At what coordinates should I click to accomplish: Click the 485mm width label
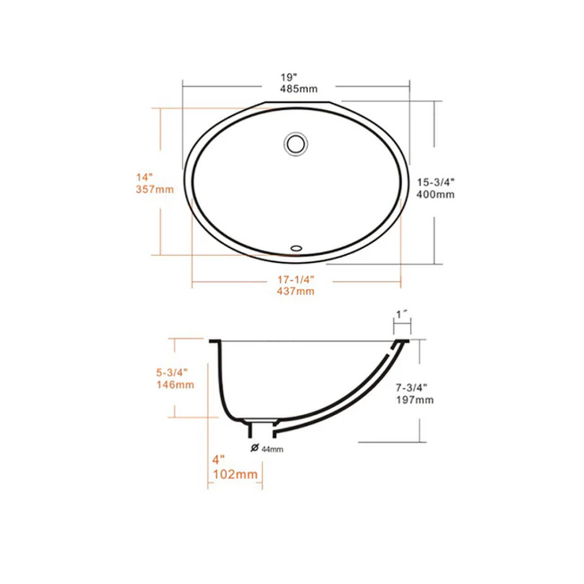[298, 89]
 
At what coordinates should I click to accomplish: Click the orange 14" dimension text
[144, 177]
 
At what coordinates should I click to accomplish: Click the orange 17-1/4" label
[296, 280]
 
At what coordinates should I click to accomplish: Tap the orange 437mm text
[296, 291]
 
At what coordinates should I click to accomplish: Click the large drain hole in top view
[296, 143]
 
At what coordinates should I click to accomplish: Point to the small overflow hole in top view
[296, 248]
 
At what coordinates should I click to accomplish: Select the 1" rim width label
[402, 314]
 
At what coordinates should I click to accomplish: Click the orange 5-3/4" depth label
[171, 373]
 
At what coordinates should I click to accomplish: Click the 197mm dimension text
[414, 400]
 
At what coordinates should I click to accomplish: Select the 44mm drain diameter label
[272, 449]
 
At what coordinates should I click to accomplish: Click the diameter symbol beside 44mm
[254, 448]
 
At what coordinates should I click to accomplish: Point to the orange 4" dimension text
[217, 460]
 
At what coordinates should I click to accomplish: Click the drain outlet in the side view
[262, 428]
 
